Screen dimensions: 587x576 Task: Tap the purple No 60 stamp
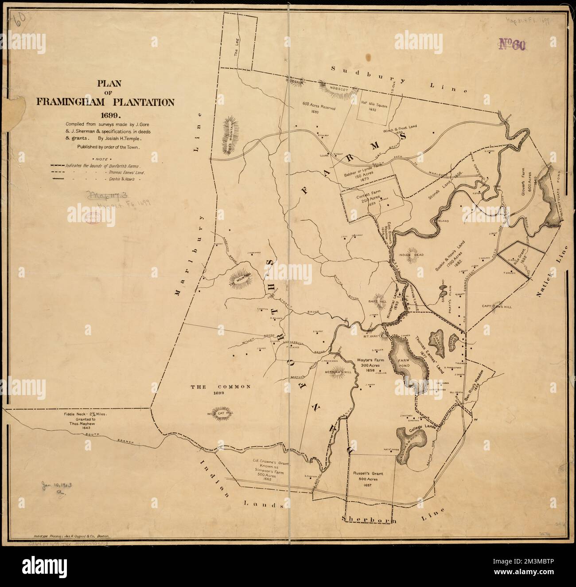tap(512, 44)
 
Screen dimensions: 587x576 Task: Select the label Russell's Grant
tap(371, 474)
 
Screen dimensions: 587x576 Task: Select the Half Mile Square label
tap(373, 104)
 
